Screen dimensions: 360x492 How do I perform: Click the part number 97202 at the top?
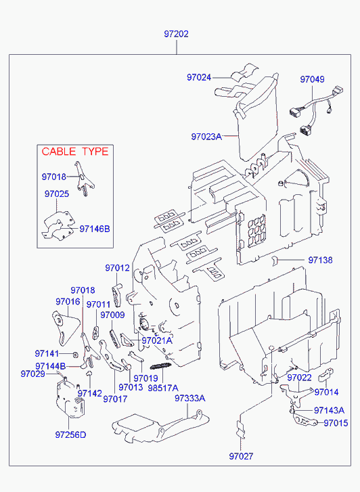(x=176, y=34)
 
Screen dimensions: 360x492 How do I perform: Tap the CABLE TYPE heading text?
(x=75, y=152)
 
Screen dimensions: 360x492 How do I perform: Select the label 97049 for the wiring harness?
(x=312, y=79)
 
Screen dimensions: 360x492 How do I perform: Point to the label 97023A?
(x=206, y=137)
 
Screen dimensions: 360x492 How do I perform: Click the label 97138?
(x=320, y=260)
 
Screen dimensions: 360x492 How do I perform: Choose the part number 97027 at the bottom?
(x=241, y=456)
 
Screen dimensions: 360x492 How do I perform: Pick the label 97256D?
(x=70, y=435)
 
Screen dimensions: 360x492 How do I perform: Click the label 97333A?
(x=190, y=398)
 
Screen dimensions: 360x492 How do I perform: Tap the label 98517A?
(x=163, y=388)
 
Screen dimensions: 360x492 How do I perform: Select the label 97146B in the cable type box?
(x=95, y=229)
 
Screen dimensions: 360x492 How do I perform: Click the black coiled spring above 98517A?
(x=160, y=366)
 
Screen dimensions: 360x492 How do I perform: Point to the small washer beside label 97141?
(x=75, y=355)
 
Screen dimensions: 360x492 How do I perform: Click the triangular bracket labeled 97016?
(x=65, y=328)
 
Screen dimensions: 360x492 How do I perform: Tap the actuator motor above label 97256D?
(x=71, y=398)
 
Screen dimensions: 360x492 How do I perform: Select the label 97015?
(x=336, y=423)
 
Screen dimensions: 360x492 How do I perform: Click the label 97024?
(x=199, y=78)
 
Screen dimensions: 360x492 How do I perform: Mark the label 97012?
(x=117, y=268)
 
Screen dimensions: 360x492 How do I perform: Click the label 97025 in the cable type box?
(x=56, y=194)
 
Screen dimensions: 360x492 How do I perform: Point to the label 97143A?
(x=330, y=410)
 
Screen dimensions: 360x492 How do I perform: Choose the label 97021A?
(x=157, y=340)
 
